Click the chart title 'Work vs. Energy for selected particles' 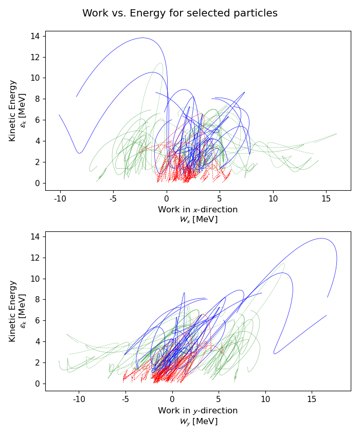point(180,13)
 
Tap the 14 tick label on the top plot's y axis point(35,36)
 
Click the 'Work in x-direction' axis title point(198,209)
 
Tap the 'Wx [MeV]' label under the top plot point(198,220)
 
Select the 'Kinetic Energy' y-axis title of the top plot point(13,111)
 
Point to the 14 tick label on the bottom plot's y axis point(35,236)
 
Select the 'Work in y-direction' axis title point(198,410)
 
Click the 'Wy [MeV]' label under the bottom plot point(198,421)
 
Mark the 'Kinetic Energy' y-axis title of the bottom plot point(13,311)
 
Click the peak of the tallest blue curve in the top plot point(142,38)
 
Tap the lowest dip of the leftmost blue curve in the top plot point(79,153)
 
